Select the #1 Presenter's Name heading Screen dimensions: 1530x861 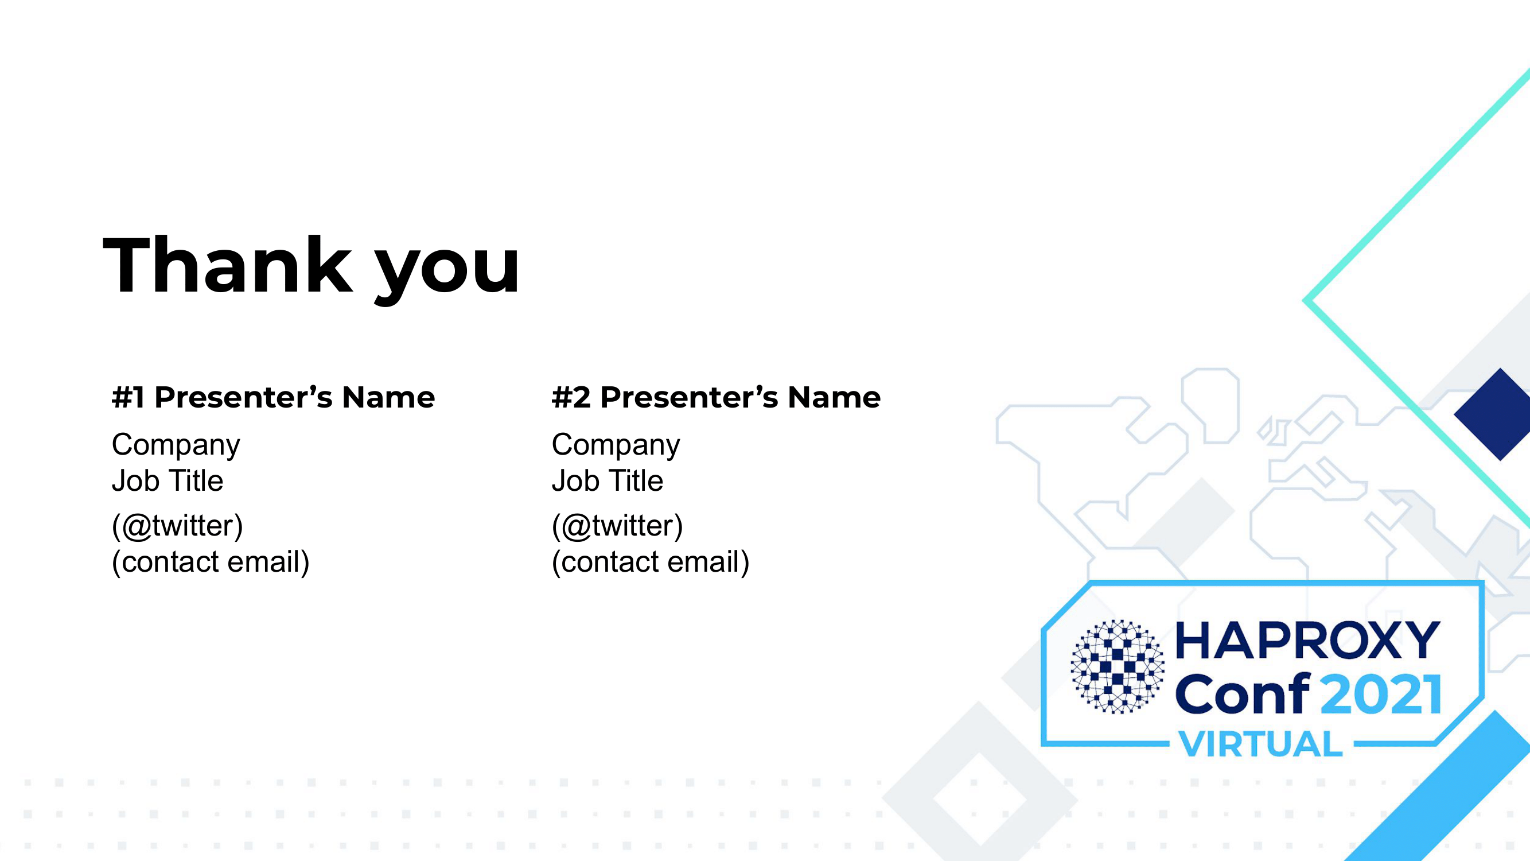point(273,397)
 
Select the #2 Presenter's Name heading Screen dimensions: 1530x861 point(716,397)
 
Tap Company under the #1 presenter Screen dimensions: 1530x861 point(176,445)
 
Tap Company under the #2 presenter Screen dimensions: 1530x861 point(616,445)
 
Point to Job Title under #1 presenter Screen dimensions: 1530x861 point(168,480)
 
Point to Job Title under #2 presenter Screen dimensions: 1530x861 point(607,480)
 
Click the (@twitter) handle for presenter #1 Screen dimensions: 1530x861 point(178,526)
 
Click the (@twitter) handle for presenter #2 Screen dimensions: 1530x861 point(618,526)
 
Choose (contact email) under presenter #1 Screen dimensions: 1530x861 point(211,562)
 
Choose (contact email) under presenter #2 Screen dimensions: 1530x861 point(651,562)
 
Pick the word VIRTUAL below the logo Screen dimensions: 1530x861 point(1260,744)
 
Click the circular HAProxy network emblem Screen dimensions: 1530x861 point(1117,666)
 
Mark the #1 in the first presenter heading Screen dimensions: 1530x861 point(129,397)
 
